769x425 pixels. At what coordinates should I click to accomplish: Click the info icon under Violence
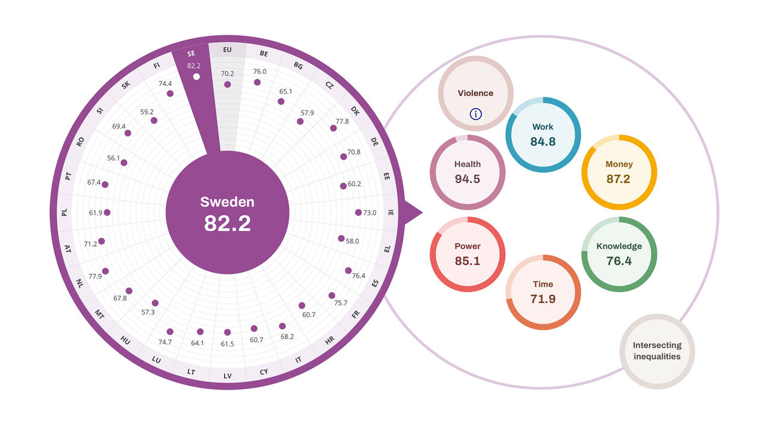[475, 114]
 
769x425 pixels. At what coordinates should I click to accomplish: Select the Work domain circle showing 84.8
[543, 134]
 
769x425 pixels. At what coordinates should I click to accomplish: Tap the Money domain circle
[619, 172]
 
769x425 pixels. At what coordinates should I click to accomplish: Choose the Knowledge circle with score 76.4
[619, 254]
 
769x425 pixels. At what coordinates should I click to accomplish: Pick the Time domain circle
[543, 292]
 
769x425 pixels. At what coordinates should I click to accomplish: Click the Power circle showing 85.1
[467, 254]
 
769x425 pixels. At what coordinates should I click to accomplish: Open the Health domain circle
[467, 172]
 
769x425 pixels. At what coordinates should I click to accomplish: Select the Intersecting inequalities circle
[657, 351]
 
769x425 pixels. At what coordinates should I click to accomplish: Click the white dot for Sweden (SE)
[196, 77]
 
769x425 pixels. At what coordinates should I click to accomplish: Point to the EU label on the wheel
[227, 50]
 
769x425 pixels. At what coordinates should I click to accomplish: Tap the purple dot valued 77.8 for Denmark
[333, 128]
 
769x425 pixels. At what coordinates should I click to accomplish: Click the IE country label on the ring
[391, 212]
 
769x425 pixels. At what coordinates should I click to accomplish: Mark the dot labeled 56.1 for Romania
[124, 163]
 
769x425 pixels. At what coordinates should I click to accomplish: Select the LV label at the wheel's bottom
[227, 376]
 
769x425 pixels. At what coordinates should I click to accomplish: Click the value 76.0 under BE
[260, 71]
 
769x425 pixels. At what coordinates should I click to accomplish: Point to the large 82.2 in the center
[227, 223]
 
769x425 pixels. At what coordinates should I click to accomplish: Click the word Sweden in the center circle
[227, 202]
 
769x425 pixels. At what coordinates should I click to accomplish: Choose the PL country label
[64, 212]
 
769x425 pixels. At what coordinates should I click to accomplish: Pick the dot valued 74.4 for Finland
[170, 94]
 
